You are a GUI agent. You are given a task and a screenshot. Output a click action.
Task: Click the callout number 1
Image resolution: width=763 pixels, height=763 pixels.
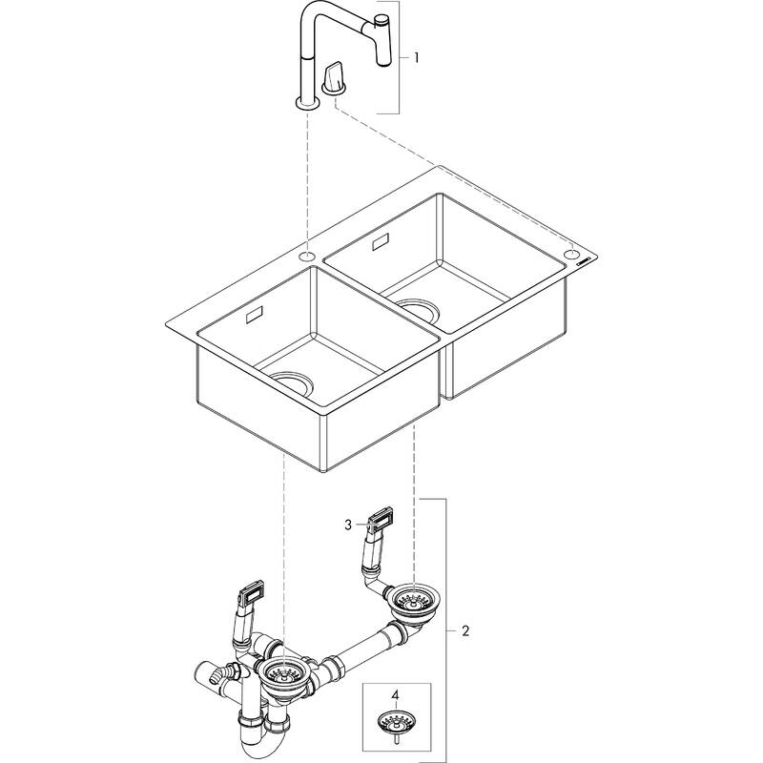[x=416, y=58]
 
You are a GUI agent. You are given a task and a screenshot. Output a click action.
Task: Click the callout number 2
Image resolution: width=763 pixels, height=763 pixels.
[x=465, y=631]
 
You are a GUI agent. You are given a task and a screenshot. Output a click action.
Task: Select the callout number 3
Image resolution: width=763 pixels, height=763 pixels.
[x=348, y=526]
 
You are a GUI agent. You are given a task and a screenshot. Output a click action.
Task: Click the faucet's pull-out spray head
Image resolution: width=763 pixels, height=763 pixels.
[x=383, y=40]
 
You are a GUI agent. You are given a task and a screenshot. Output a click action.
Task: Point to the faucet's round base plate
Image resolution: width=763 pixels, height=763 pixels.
[x=307, y=103]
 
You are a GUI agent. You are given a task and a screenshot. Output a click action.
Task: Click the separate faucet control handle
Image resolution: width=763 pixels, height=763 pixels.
[x=334, y=77]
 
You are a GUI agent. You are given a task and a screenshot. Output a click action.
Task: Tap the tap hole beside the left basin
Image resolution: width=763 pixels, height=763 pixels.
[x=306, y=256]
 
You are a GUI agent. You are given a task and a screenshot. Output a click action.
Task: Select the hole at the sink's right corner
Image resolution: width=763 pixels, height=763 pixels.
[x=571, y=254]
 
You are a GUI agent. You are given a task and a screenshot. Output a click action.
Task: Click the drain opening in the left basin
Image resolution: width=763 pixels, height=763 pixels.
[x=292, y=383]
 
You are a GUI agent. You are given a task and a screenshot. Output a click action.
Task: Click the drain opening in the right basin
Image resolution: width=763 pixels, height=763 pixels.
[x=418, y=311]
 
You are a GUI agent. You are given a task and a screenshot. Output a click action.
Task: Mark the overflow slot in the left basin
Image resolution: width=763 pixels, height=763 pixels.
[x=255, y=314]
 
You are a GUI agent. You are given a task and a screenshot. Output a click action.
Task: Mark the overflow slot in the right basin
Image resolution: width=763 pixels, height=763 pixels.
[x=381, y=241]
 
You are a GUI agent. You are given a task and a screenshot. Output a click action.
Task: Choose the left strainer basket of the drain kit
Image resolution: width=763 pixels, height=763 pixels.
[x=283, y=673]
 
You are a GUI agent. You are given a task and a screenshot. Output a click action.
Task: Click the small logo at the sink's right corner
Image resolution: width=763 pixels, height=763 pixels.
[x=586, y=260]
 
